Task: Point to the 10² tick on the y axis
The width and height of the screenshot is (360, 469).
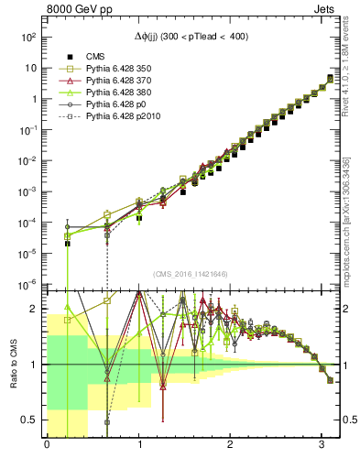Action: click(28, 38)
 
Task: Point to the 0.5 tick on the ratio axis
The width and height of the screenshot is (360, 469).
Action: click(30, 420)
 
